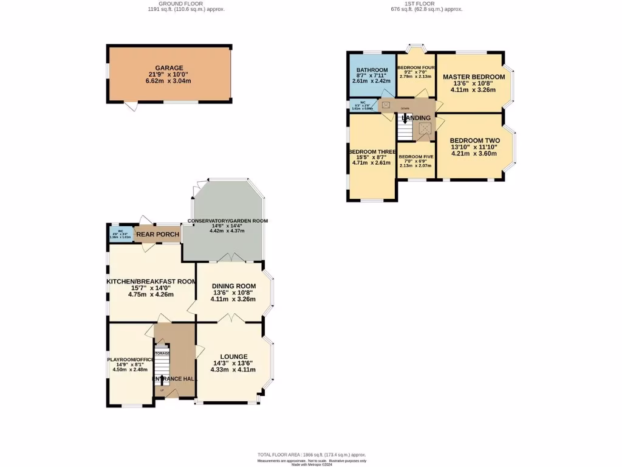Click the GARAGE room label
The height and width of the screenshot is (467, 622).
click(169, 68)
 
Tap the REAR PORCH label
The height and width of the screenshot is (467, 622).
click(157, 235)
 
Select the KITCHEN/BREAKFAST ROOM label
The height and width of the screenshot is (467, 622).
click(151, 282)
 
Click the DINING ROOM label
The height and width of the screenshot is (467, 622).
click(233, 286)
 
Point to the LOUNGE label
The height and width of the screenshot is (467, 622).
click(233, 356)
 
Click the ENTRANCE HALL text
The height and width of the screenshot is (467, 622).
click(174, 379)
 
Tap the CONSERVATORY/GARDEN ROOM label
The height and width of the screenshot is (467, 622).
click(227, 221)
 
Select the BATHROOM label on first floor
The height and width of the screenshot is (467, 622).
click(372, 71)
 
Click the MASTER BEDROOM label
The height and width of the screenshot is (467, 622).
click(473, 77)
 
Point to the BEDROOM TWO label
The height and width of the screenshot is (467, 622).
click(474, 140)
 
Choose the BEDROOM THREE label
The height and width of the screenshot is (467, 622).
click(372, 151)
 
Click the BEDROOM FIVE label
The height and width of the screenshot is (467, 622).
click(415, 156)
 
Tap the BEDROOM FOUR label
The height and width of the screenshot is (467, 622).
click(415, 67)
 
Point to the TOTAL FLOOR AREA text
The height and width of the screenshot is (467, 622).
click(310, 455)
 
